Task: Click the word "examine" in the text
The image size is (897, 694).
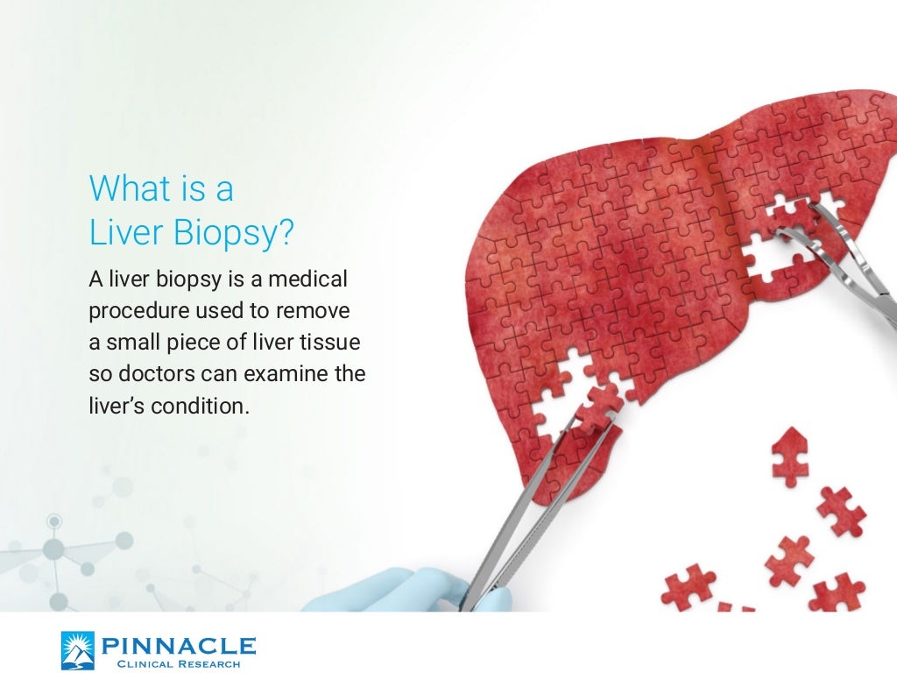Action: pyautogui.click(x=284, y=375)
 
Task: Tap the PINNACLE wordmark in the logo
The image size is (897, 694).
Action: pyautogui.click(x=179, y=647)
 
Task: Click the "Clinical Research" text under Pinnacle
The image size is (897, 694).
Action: pyautogui.click(x=179, y=664)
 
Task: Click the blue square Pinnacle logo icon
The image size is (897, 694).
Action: pyautogui.click(x=77, y=651)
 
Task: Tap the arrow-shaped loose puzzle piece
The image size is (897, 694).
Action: pyautogui.click(x=788, y=456)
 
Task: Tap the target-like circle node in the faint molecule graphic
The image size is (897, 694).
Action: pyautogui.click(x=54, y=521)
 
